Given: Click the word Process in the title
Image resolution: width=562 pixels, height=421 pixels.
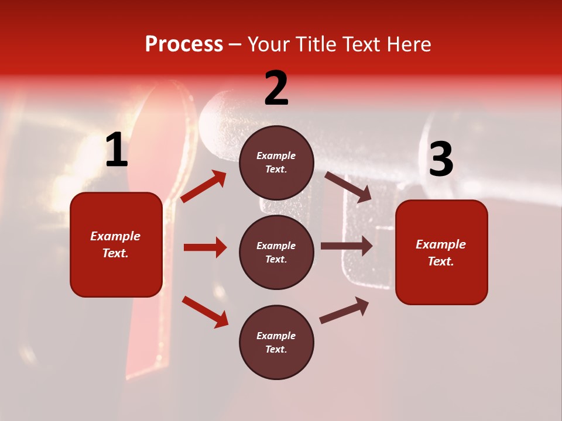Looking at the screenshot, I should click(x=184, y=44).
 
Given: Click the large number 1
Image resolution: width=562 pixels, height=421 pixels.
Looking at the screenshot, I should click(x=116, y=150).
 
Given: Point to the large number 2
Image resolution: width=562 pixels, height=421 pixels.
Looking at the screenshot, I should click(x=276, y=88).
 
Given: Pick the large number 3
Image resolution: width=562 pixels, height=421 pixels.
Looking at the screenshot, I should click(x=441, y=159).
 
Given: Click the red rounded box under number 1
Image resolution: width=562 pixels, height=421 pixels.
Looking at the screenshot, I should click(x=116, y=244).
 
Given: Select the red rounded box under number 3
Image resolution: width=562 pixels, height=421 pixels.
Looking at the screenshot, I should click(x=441, y=253).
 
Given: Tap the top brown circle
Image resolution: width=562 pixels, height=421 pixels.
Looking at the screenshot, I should click(x=276, y=163).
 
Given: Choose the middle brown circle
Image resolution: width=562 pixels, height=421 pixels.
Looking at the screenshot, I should click(x=276, y=252).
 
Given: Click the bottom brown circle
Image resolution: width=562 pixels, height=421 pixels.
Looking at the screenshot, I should click(x=276, y=342).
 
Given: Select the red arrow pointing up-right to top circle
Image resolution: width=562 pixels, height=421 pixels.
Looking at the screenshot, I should click(x=204, y=187).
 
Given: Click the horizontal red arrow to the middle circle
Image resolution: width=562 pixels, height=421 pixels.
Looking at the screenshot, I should click(x=205, y=247).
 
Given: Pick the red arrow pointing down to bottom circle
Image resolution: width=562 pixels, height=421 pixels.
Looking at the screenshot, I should click(x=205, y=311).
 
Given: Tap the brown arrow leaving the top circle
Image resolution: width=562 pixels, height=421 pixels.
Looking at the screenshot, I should click(x=348, y=187).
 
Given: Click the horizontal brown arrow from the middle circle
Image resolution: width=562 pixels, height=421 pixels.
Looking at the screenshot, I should click(x=347, y=246).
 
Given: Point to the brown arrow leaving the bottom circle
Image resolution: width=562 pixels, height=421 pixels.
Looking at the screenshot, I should click(x=344, y=310).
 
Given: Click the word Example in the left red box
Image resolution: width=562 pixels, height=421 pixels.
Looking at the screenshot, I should click(x=115, y=236).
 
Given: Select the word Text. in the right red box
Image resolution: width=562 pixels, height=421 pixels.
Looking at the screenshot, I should click(x=441, y=261).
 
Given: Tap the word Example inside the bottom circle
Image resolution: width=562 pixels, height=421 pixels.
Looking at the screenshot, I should click(x=276, y=336).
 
